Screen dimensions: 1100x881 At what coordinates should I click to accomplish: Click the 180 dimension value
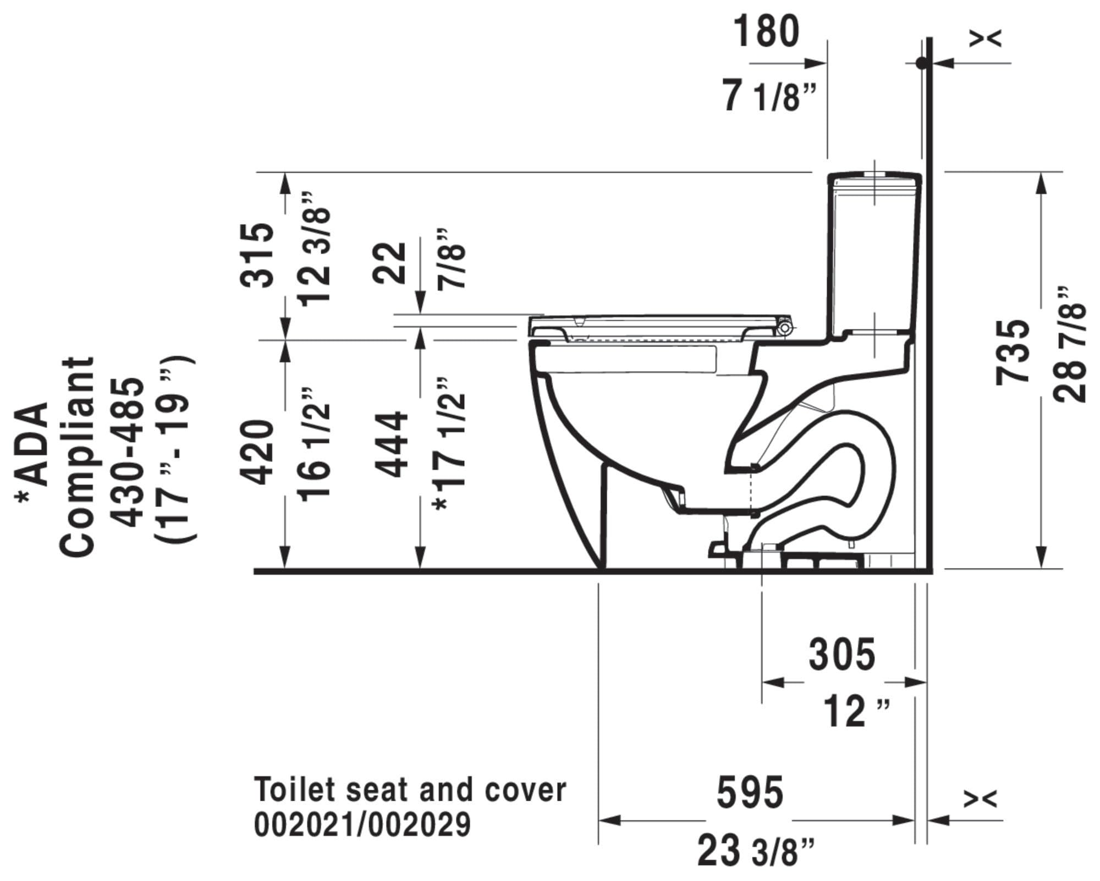pyautogui.click(x=766, y=31)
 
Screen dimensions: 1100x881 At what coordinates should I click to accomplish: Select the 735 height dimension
pyautogui.click(x=1013, y=352)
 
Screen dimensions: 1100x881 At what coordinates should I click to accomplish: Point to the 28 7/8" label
pyautogui.click(x=1070, y=344)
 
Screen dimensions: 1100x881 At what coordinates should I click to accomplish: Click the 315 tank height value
pyautogui.click(x=257, y=255)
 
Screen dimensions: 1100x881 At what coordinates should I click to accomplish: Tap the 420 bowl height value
pyautogui.click(x=257, y=453)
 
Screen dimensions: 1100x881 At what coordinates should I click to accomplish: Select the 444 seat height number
pyautogui.click(x=391, y=444)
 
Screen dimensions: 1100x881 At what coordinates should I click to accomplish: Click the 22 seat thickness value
pyautogui.click(x=390, y=263)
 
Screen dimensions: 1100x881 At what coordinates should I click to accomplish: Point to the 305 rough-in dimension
pyautogui.click(x=842, y=654)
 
